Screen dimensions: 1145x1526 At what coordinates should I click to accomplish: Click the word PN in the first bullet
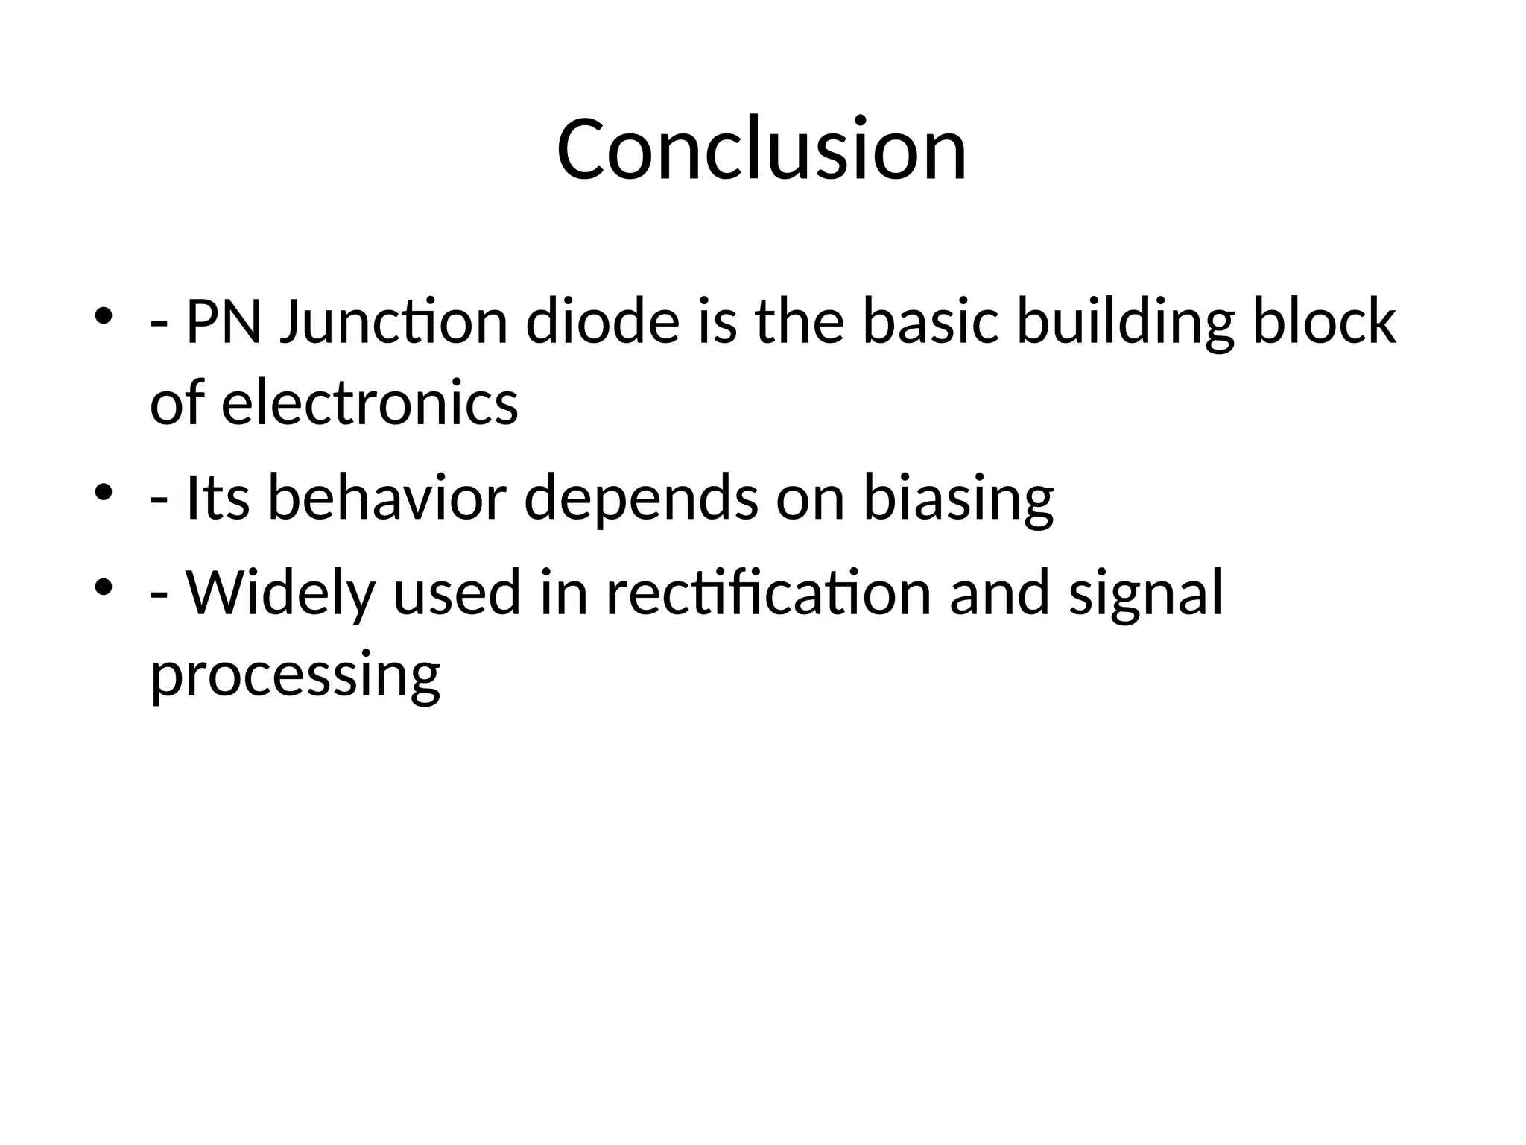coord(223,322)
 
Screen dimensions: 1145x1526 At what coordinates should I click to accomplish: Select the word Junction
coord(393,322)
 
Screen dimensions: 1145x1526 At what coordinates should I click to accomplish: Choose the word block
coord(1323,322)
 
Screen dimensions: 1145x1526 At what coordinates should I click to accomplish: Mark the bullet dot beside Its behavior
coord(104,492)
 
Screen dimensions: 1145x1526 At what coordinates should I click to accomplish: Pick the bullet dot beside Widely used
coord(104,587)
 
